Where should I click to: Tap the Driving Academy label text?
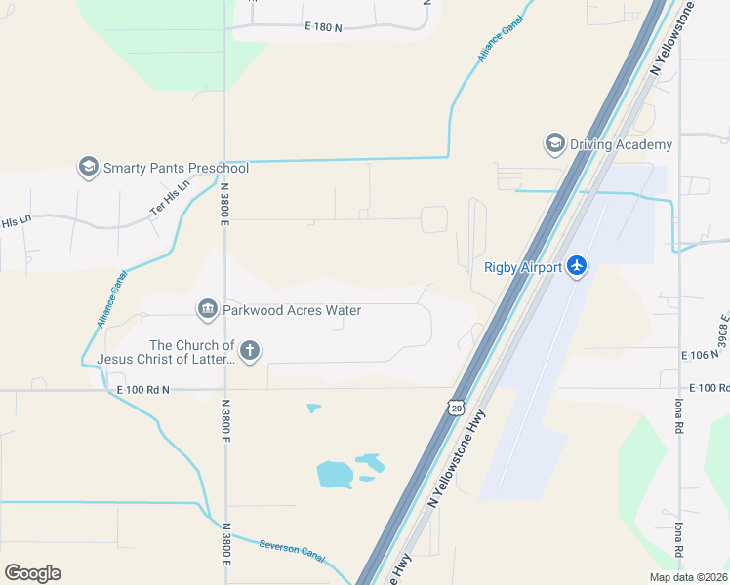[621, 145]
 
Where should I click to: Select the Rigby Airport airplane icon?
[577, 266]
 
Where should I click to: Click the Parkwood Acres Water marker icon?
[207, 310]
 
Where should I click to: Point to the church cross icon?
[250, 351]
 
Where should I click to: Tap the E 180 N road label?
[324, 28]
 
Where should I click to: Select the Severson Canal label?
[292, 550]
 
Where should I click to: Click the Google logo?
[32, 573]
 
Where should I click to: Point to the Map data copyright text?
[687, 577]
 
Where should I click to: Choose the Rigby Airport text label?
[523, 267]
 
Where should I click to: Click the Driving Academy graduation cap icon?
[555, 144]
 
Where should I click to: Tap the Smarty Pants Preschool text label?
[177, 168]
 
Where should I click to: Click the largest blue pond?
[335, 475]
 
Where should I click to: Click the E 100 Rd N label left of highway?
[143, 390]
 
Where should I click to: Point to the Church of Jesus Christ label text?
[192, 352]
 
